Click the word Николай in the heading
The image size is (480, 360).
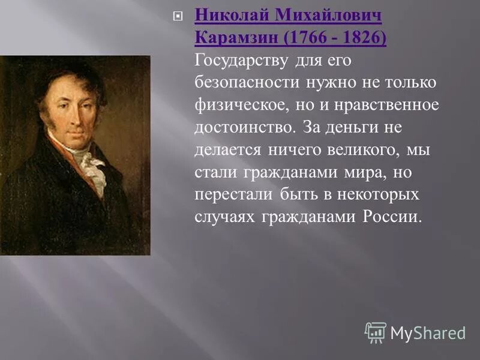(233, 15)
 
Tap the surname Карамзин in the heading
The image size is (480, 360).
(237, 38)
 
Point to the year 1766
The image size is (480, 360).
(310, 38)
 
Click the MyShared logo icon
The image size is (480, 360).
(376, 332)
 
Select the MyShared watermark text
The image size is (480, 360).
(428, 332)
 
